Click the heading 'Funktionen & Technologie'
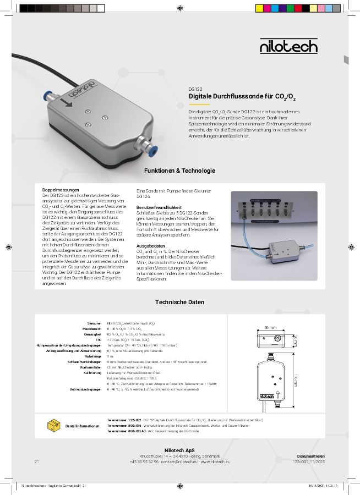[179, 171]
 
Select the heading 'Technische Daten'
[179, 302]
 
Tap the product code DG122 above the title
[195, 89]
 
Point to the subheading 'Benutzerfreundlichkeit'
[159, 207]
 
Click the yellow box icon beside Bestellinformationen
[54, 425]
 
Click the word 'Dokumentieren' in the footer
[310, 457]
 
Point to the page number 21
[37, 461]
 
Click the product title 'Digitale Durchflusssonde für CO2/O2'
[242, 97]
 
